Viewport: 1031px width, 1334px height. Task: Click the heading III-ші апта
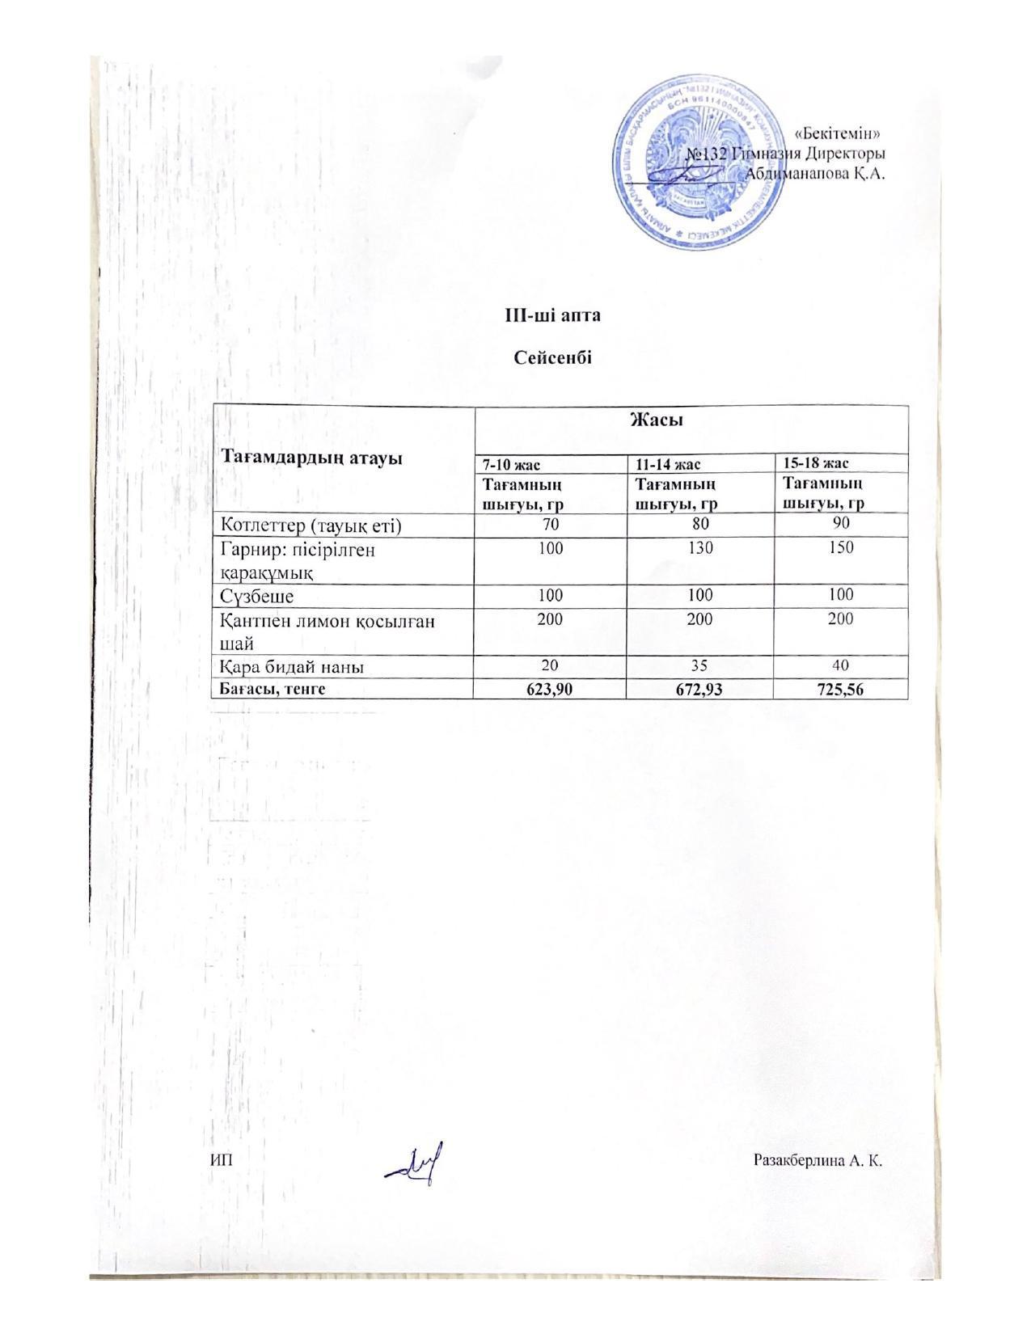pos(553,315)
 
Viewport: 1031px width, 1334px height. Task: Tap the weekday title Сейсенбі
pos(553,357)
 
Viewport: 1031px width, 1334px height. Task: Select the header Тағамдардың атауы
pos(312,458)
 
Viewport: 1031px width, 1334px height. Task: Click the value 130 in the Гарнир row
pos(700,547)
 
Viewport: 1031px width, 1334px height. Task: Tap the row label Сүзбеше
pos(257,597)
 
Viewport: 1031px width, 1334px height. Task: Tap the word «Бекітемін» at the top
pos(838,133)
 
